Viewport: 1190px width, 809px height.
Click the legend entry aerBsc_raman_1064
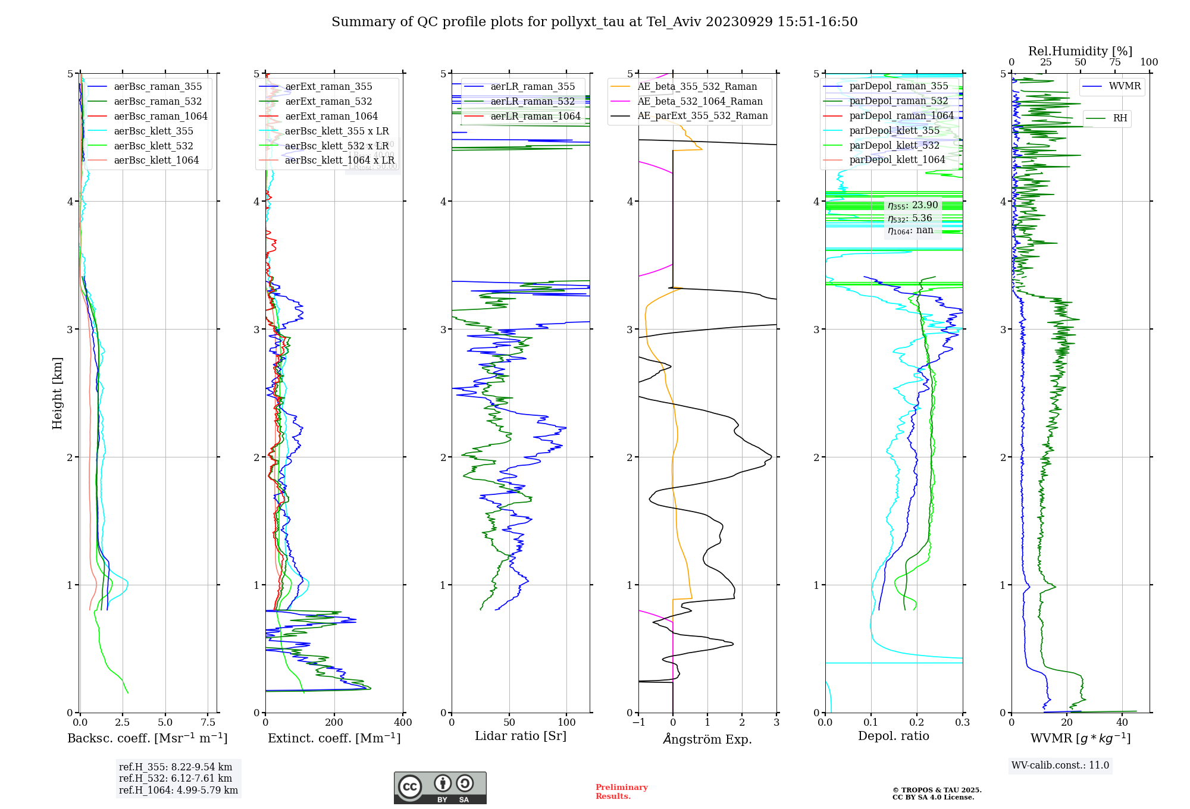[161, 116]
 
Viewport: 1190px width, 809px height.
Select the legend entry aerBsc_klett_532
[154, 146]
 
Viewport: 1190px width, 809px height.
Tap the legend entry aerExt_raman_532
[328, 102]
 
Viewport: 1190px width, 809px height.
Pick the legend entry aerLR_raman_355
[533, 87]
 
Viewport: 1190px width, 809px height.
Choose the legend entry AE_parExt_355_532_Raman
[702, 116]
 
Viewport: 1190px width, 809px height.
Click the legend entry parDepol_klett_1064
[897, 160]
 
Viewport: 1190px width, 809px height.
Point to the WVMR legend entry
[1125, 86]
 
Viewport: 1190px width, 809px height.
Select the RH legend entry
[1120, 118]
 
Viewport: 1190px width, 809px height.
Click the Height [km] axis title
[57, 393]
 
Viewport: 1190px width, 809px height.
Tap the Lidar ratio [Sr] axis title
[521, 736]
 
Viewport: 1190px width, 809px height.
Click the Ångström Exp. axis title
[707, 739]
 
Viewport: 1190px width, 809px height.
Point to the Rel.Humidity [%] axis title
[1080, 51]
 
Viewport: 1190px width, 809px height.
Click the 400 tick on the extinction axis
[403, 723]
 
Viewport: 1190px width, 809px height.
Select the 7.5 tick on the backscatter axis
[208, 723]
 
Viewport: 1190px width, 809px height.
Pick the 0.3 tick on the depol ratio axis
[963, 723]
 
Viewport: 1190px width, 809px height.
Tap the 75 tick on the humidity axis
[1115, 62]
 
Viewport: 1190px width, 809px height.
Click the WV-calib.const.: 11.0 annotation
[1060, 766]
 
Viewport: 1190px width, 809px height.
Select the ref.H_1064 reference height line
[178, 791]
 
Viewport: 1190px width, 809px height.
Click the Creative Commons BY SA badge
[440, 788]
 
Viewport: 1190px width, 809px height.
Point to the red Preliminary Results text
[621, 792]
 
